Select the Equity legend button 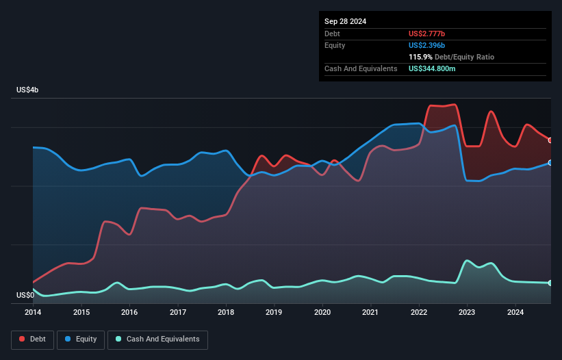pos(81,339)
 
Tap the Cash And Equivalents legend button pos(157,339)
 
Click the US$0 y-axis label pos(25,296)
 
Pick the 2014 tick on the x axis pos(33,313)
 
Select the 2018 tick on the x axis pos(226,313)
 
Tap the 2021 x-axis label pos(370,313)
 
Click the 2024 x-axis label pos(515,313)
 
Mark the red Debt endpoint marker pos(550,140)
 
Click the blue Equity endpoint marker pos(550,163)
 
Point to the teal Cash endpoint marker pos(550,283)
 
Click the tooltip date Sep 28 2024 pos(345,21)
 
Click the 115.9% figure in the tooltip pos(420,57)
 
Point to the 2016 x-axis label pos(129,313)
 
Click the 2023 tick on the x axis pos(467,313)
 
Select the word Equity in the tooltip pos(335,45)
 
